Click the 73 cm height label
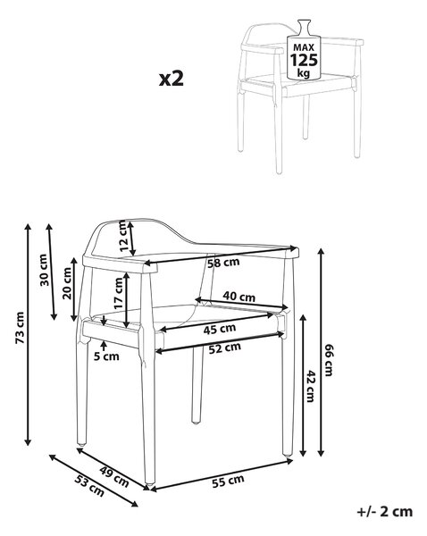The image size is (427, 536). coord(21,328)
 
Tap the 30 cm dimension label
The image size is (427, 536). coord(44,270)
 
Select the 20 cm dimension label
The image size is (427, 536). coord(67,283)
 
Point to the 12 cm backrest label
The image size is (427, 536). coord(124,236)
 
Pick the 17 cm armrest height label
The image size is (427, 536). coord(119,294)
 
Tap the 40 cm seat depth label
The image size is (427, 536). coord(239,296)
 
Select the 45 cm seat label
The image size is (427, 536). coord(220,329)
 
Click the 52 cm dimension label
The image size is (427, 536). coord(225,348)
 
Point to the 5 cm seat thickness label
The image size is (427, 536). coord(106,356)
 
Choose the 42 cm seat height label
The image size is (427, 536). coord(310,386)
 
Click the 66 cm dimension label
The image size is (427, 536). coord(328,360)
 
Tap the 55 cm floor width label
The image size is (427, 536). coord(228,481)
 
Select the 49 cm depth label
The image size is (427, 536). coord(114,476)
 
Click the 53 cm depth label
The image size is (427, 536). coord(89,486)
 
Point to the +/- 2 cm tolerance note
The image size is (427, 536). coord(385,512)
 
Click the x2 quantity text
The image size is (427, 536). coord(172,79)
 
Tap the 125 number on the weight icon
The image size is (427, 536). coord(304,60)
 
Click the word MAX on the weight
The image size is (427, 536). coord(304,47)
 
